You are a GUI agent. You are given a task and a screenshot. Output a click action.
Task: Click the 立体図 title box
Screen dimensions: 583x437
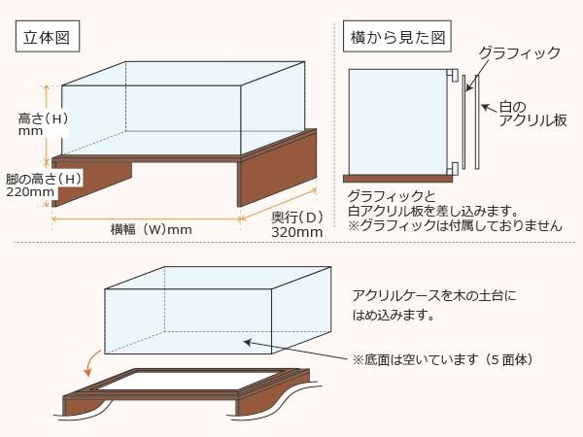tap(48, 37)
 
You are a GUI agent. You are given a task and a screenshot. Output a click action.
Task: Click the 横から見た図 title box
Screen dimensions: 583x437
tap(397, 37)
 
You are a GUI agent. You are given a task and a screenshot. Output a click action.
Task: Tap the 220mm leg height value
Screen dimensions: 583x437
tap(30, 191)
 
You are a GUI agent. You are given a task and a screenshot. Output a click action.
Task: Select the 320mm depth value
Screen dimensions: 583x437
tap(296, 232)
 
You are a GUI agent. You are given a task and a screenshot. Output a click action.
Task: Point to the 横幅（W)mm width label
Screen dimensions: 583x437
tap(151, 229)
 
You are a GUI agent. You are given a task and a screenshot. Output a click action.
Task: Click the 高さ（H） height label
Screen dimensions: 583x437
tap(43, 118)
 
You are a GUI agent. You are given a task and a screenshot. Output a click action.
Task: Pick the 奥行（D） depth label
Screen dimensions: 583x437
tap(297, 218)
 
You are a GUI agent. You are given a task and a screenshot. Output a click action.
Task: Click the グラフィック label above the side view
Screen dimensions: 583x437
tap(519, 52)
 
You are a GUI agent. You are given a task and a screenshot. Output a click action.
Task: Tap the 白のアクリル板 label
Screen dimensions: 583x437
tap(532, 114)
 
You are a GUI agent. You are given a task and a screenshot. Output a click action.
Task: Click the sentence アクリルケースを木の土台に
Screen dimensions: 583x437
tap(434, 296)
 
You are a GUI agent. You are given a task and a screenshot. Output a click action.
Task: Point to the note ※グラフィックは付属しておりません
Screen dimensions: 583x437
tap(455, 225)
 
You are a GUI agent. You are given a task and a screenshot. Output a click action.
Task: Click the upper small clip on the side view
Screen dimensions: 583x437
tap(453, 75)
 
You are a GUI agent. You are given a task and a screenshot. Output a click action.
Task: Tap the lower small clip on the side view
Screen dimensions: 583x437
tap(453, 168)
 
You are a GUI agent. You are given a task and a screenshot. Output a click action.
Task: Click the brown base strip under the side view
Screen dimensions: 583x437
tap(397, 179)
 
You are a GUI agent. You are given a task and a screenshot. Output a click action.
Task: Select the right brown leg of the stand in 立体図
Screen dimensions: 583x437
tap(277, 173)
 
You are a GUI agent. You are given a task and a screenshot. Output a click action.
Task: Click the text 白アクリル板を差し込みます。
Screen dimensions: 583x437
tap(433, 211)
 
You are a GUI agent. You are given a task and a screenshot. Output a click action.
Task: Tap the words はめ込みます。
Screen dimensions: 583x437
tap(394, 315)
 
